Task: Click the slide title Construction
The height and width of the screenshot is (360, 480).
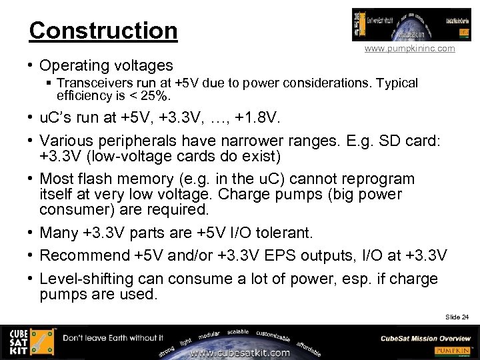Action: click(103, 31)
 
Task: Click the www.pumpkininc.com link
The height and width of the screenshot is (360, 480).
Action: click(409, 49)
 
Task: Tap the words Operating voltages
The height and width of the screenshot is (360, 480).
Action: click(106, 65)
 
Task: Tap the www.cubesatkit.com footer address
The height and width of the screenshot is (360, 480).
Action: click(240, 353)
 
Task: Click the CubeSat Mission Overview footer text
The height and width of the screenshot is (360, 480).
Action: click(425, 338)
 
